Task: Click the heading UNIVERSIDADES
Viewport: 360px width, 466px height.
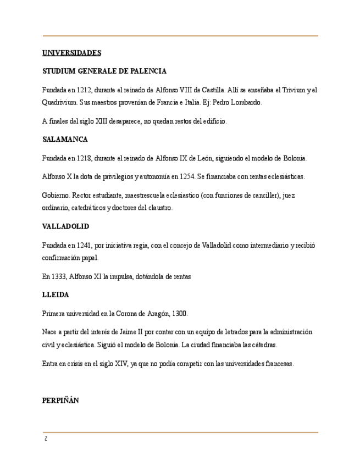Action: (x=71, y=53)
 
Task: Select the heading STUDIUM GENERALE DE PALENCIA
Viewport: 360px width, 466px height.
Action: (x=104, y=71)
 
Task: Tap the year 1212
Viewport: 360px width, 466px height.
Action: (x=86, y=90)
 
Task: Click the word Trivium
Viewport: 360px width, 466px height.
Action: (x=293, y=90)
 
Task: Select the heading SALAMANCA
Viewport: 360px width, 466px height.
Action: (x=65, y=140)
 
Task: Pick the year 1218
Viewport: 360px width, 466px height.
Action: (x=86, y=158)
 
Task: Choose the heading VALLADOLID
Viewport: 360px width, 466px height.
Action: (x=65, y=226)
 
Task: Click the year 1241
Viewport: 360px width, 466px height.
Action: (x=86, y=245)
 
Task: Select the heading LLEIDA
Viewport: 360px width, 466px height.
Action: (x=56, y=295)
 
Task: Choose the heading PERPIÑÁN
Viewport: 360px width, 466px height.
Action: (x=60, y=401)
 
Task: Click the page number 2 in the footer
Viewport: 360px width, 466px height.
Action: (x=46, y=439)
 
